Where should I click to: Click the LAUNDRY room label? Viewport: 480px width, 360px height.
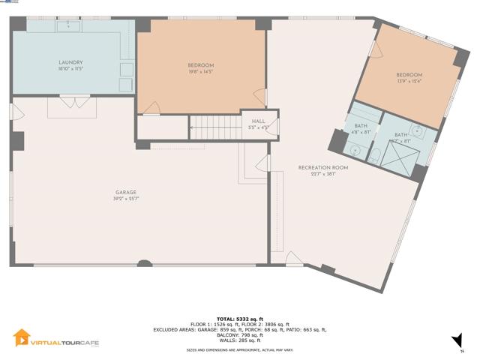click(70, 62)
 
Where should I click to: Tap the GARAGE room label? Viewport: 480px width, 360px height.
click(124, 193)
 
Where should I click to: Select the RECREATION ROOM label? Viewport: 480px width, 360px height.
click(322, 167)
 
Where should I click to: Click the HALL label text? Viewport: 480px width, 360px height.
click(258, 120)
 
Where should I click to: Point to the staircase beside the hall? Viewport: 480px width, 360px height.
click(214, 127)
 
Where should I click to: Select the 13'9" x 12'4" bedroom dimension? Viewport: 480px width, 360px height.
click(409, 81)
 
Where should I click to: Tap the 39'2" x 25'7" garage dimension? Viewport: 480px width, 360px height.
click(124, 199)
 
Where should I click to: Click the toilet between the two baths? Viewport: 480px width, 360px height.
click(378, 154)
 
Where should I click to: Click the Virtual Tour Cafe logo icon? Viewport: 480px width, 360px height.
click(22, 339)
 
